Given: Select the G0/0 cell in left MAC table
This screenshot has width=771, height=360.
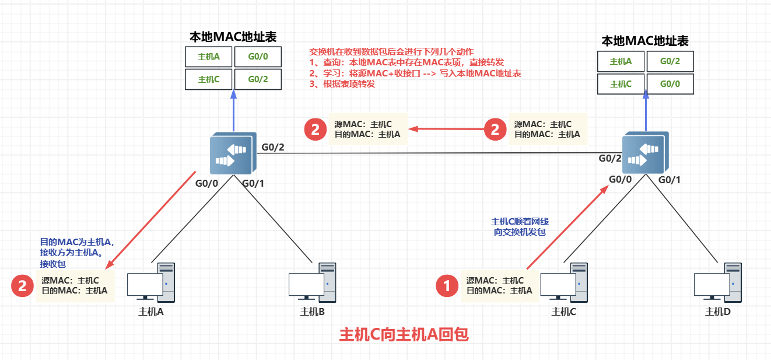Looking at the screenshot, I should (x=258, y=57).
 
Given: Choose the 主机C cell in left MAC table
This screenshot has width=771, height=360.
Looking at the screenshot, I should (x=208, y=79).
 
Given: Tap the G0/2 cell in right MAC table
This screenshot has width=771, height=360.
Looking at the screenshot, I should (x=670, y=61).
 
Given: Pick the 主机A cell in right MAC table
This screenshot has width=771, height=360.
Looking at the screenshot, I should (x=620, y=61).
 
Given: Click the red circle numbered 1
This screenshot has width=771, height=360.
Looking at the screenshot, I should (x=447, y=285).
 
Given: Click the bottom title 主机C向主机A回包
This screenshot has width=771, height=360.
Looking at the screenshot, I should (x=404, y=335).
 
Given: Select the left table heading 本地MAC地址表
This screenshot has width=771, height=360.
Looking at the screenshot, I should (x=233, y=37).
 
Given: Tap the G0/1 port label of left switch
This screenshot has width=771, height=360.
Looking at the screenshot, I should (x=254, y=184).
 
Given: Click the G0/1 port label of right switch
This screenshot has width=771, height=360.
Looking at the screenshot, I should (x=670, y=180).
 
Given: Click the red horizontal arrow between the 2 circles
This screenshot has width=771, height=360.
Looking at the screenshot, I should (x=446, y=128).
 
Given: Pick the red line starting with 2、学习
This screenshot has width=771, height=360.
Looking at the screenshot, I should (x=415, y=74).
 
